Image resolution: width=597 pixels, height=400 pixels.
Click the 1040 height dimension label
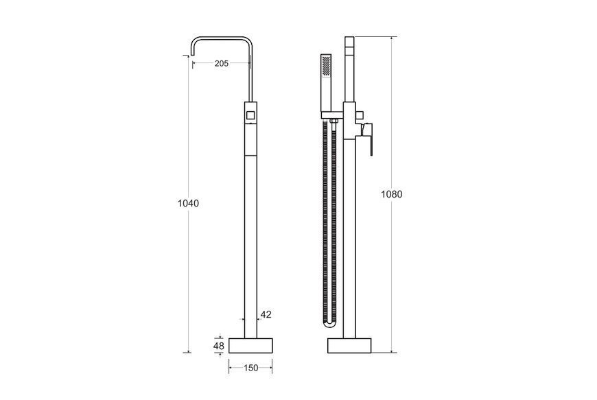[188, 204]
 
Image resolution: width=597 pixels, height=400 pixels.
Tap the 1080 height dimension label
[391, 194]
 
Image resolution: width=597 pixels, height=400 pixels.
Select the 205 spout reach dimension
[221, 64]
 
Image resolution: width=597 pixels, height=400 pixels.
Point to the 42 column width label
[266, 315]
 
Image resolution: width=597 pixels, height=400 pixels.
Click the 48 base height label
[218, 346]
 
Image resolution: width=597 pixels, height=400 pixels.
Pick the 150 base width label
[250, 368]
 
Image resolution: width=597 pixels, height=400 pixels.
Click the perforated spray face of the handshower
[327, 65]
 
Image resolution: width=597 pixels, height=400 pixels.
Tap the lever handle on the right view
[366, 138]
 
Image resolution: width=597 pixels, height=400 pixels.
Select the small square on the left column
[250, 115]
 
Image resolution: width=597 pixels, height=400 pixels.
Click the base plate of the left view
[250, 346]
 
